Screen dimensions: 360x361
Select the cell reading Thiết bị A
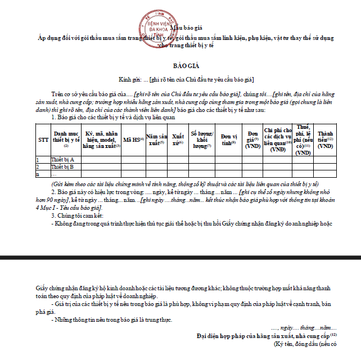click(x=63, y=159)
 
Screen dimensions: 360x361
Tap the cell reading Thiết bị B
click(x=63, y=166)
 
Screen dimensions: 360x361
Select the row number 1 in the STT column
click(x=38, y=159)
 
